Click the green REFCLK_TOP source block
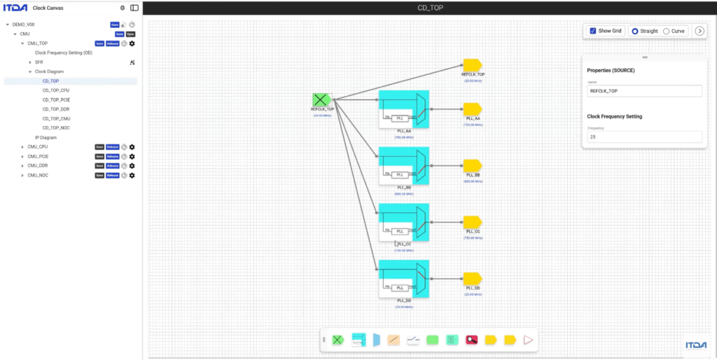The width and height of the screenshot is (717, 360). [x=321, y=99]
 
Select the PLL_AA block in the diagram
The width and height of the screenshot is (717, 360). [x=404, y=109]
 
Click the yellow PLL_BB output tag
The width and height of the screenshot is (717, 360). [x=472, y=166]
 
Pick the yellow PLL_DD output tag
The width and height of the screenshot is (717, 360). [x=472, y=279]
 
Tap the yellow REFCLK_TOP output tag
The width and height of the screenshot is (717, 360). [x=472, y=65]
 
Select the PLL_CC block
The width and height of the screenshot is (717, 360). [x=404, y=222]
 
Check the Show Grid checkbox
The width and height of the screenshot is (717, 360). [x=593, y=31]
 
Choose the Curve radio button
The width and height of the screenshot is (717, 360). [x=666, y=31]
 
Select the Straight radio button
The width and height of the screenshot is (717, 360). [x=635, y=31]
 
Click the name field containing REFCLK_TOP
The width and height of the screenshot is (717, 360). [x=644, y=91]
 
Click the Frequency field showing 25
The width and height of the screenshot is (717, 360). [x=644, y=137]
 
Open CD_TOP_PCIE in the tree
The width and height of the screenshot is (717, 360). [x=56, y=99]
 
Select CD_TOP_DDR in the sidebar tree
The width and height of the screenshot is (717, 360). [x=56, y=109]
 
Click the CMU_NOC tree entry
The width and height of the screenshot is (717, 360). [x=38, y=175]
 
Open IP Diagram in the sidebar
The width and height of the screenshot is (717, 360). [x=46, y=137]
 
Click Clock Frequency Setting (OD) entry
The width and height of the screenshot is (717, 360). [x=63, y=53]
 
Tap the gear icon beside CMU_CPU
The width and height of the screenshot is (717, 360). [x=132, y=147]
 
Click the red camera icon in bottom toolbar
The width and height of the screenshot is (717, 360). [x=472, y=340]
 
